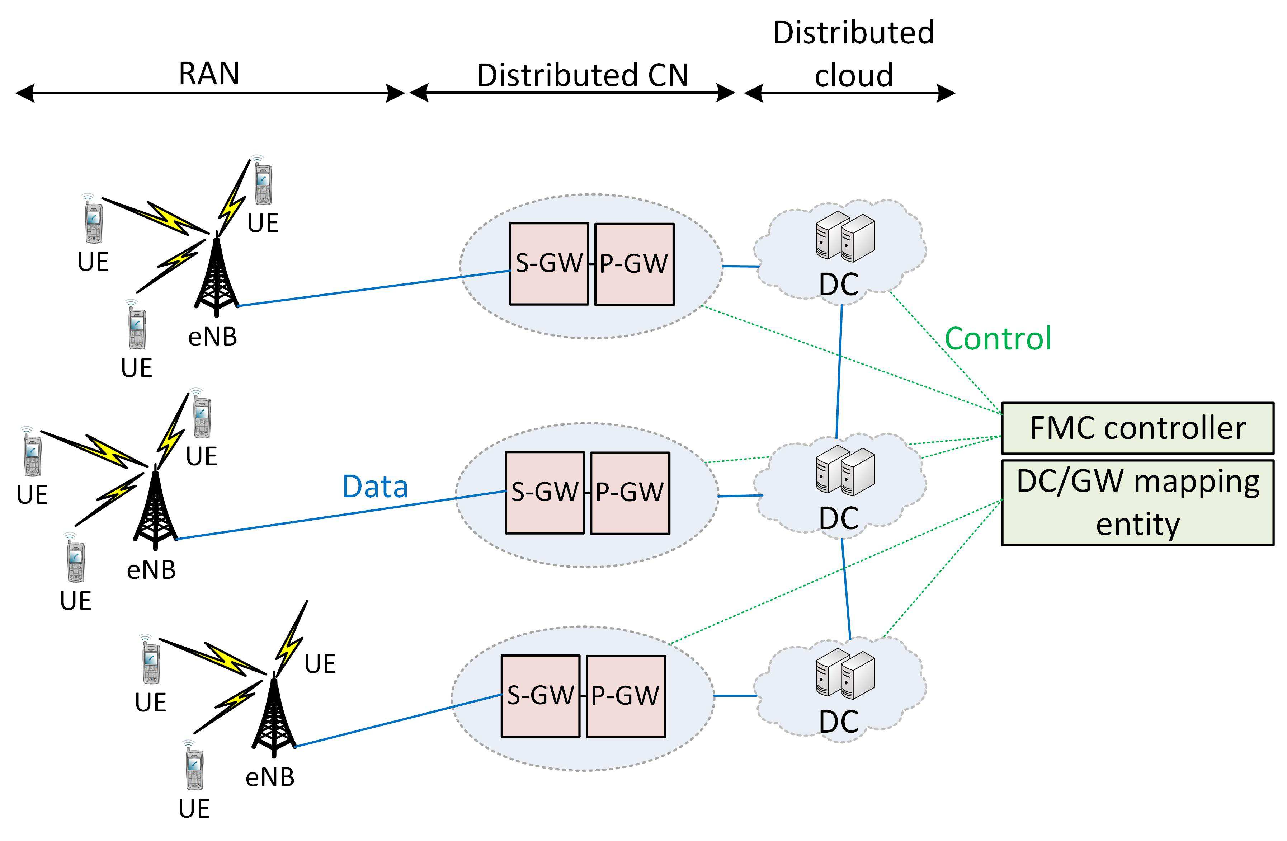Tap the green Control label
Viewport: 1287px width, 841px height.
998,339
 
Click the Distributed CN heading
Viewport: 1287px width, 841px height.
583,75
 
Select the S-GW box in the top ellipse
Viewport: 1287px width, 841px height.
548,264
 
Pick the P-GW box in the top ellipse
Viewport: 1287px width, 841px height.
634,264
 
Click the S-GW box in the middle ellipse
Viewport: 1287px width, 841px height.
544,493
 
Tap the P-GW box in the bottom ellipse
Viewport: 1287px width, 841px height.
626,696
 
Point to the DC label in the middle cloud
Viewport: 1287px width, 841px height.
839,518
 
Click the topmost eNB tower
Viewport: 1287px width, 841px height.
216,276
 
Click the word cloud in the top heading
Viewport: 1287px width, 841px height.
853,75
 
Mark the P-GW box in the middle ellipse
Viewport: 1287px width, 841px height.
630,493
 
